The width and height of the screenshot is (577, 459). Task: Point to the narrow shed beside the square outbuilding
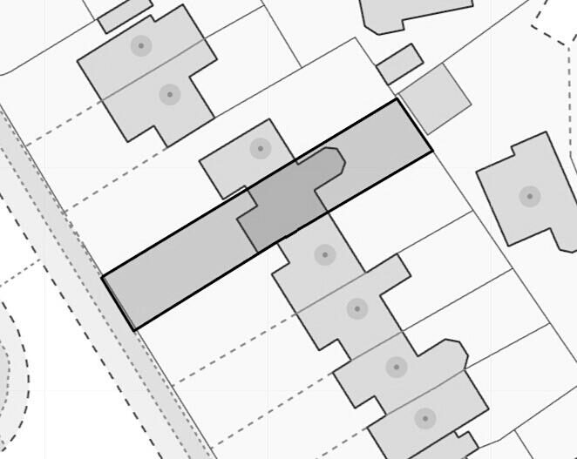pyautogui.click(x=399, y=64)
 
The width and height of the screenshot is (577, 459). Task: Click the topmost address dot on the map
pyautogui.click(x=141, y=45)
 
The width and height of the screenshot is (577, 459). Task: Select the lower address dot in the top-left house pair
pyautogui.click(x=169, y=94)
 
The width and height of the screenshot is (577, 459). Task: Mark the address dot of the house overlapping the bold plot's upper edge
pyautogui.click(x=260, y=148)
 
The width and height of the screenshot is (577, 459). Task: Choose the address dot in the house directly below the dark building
pyautogui.click(x=324, y=255)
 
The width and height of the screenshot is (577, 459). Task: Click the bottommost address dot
pyautogui.click(x=424, y=419)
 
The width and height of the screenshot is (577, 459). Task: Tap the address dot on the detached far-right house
pyautogui.click(x=529, y=196)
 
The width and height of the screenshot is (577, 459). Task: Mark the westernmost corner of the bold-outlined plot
pyautogui.click(x=103, y=277)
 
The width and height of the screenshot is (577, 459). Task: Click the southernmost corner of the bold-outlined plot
pyautogui.click(x=133, y=330)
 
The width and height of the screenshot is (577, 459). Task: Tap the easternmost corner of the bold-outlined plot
pyautogui.click(x=432, y=152)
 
